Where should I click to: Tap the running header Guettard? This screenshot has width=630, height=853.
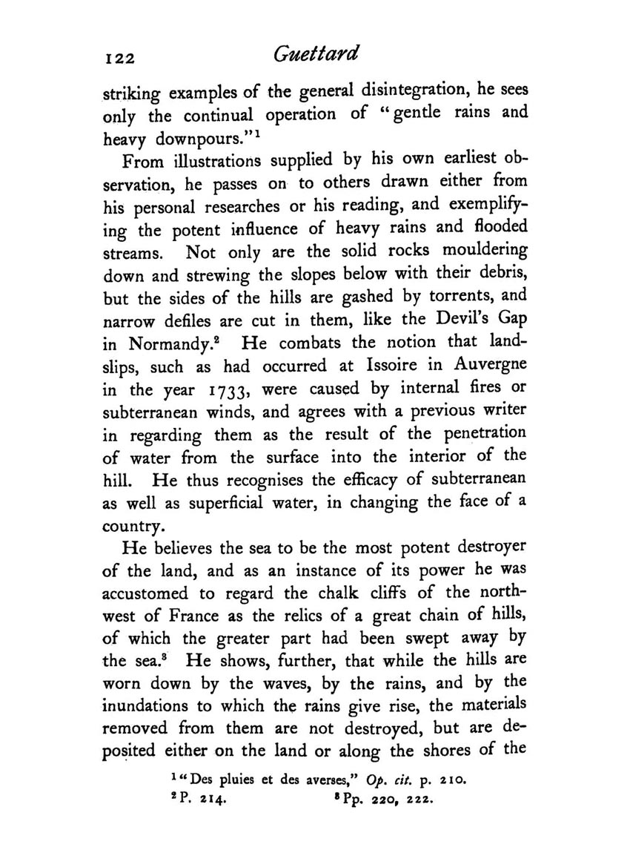tap(315, 54)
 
